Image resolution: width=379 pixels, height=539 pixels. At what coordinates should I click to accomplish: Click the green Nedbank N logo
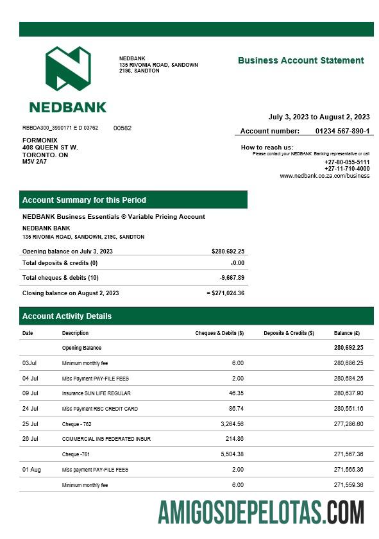(x=67, y=69)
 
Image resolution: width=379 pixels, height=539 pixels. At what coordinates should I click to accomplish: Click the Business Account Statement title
(x=300, y=60)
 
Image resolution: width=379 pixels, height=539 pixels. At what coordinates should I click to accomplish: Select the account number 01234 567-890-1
(x=342, y=131)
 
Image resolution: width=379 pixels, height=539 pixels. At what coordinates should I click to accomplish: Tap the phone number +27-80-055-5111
(x=347, y=162)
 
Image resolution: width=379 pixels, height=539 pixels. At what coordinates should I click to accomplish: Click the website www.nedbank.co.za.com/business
(x=324, y=176)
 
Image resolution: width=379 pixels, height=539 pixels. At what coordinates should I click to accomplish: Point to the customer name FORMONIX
(x=40, y=140)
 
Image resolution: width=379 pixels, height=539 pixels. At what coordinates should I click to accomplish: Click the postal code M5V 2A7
(x=35, y=162)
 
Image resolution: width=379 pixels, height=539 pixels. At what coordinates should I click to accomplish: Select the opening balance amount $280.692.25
(x=228, y=251)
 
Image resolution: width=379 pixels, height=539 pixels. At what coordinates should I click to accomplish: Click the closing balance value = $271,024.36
(x=225, y=293)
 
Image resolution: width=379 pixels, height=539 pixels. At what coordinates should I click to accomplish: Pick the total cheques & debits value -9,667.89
(x=232, y=278)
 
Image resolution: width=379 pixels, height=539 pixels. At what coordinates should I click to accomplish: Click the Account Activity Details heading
(x=67, y=316)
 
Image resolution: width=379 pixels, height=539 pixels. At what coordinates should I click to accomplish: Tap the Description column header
(x=75, y=333)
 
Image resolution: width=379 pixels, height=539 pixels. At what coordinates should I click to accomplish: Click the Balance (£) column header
(x=347, y=333)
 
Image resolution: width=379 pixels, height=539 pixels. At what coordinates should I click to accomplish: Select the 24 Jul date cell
(x=30, y=408)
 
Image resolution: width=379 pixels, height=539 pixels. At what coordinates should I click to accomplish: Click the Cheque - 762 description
(x=77, y=424)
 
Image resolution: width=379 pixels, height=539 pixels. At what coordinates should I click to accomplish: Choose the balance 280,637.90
(x=348, y=393)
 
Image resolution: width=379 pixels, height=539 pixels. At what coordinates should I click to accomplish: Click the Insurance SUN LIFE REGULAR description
(x=96, y=393)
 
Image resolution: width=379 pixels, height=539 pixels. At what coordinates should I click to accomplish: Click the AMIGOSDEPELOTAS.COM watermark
(x=261, y=512)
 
